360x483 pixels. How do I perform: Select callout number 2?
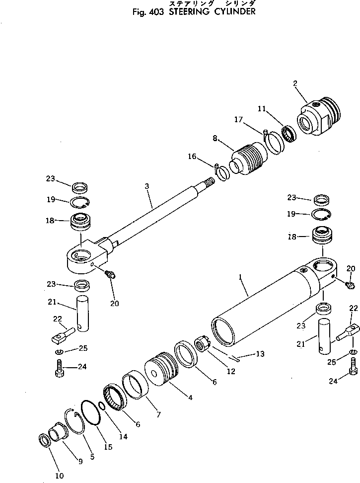coord(295,83)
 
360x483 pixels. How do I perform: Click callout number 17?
coord(238,119)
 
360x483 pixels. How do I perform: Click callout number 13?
coord(260,354)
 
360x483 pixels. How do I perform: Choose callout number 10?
coord(59,476)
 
